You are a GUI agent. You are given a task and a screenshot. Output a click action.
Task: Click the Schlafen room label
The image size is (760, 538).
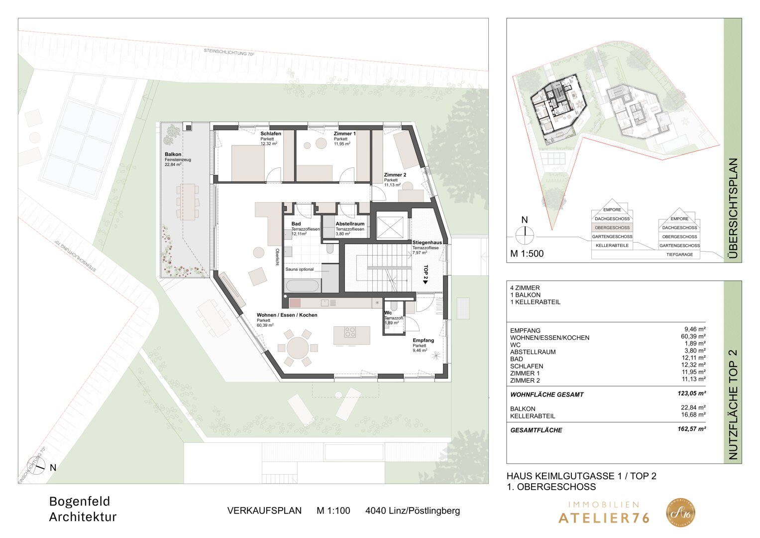pyautogui.click(x=271, y=134)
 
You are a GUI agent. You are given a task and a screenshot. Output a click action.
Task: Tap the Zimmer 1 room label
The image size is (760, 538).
pyautogui.click(x=344, y=134)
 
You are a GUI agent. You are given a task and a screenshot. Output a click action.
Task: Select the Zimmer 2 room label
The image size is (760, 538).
pyautogui.click(x=395, y=175)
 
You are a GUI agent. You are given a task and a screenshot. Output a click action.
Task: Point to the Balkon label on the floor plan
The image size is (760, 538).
pyautogui.click(x=173, y=154)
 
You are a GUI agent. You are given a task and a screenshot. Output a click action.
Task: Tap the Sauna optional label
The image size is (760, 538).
pyautogui.click(x=300, y=269)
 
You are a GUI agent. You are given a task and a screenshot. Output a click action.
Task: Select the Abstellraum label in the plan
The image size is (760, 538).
pyautogui.click(x=350, y=224)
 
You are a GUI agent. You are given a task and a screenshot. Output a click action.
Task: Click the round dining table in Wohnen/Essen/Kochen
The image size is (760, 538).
pyautogui.click(x=297, y=347)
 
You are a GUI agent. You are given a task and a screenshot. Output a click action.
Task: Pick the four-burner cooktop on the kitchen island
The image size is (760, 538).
pyautogui.click(x=350, y=331)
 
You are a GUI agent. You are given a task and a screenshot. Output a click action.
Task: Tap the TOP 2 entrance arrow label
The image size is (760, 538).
pyautogui.click(x=426, y=274)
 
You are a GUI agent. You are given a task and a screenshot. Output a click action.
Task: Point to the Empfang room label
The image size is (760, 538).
pyautogui.click(x=423, y=341)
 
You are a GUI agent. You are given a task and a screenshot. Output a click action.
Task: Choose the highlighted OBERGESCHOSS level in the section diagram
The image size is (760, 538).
pyautogui.click(x=612, y=228)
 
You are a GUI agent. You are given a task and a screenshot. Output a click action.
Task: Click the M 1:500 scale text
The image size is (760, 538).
pyautogui.click(x=527, y=254)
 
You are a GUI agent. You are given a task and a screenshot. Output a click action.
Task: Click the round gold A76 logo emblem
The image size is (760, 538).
pyautogui.click(x=680, y=513)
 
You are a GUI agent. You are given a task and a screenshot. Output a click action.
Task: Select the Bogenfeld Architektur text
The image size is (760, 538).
pyautogui.click(x=83, y=509)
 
